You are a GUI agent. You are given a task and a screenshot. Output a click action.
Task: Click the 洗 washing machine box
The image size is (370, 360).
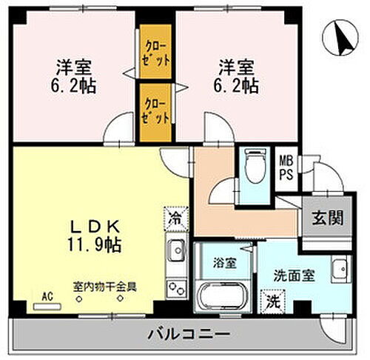273,303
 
